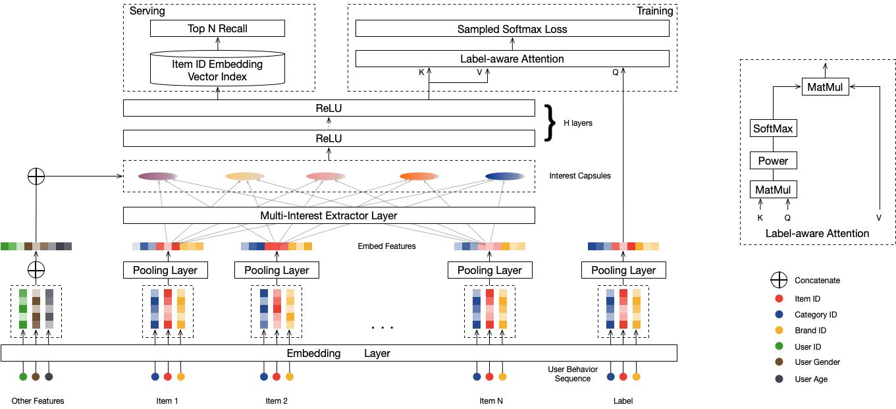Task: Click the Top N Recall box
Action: point(217,28)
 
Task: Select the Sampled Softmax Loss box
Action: point(512,29)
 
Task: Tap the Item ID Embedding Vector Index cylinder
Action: point(217,68)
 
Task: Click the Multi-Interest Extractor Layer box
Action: point(329,215)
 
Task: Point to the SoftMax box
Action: point(773,128)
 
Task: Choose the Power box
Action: point(773,161)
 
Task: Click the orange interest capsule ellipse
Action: point(419,176)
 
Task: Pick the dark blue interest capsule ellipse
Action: point(505,176)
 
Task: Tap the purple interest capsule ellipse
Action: point(157,176)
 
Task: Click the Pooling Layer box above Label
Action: point(623,270)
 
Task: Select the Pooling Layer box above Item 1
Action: point(165,270)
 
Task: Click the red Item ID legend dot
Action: point(779,298)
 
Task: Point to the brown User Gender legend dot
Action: point(779,362)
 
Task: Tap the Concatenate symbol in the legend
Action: point(779,280)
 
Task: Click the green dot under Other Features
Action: point(23,377)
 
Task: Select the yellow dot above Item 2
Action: point(290,377)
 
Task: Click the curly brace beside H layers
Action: point(550,123)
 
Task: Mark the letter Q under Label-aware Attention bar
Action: point(615,72)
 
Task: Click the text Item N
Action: point(491,400)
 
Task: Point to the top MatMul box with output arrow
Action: point(825,86)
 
